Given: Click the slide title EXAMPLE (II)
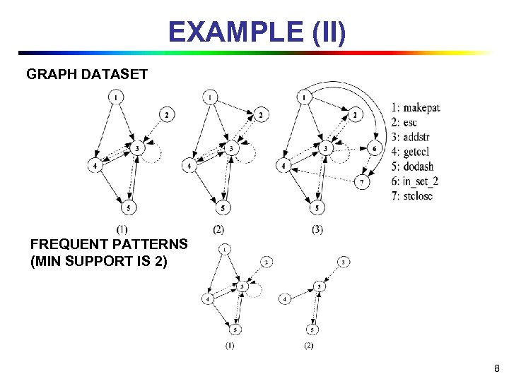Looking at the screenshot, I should coord(257,32).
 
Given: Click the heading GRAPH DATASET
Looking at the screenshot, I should coord(87,73).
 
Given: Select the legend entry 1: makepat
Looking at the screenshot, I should coord(415,107).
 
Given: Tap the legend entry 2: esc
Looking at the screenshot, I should coord(404,122).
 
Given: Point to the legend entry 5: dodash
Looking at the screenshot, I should coord(412,167).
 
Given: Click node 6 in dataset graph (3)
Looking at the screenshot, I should coord(374,148).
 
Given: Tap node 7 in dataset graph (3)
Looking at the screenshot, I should coord(361,182).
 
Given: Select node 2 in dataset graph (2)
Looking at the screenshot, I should coord(260,114).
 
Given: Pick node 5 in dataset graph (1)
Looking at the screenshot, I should coord(128,207).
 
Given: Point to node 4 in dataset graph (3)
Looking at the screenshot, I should coord(283,166).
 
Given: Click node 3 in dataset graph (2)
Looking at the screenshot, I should coord(231,149).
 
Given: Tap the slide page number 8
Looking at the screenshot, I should coord(496,368).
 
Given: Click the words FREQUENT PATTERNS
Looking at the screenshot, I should coord(109,245).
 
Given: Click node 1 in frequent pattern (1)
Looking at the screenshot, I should coord(223,249).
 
